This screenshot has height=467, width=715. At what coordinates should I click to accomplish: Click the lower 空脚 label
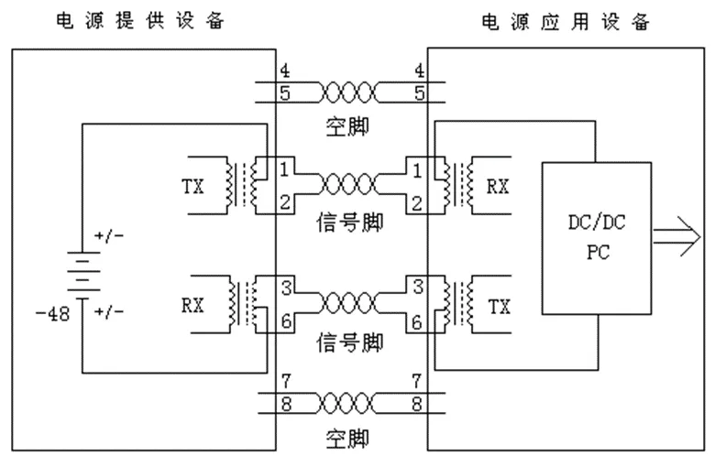348,439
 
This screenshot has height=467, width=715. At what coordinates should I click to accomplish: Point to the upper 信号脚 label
348,221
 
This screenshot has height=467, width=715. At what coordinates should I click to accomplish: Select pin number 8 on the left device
285,403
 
